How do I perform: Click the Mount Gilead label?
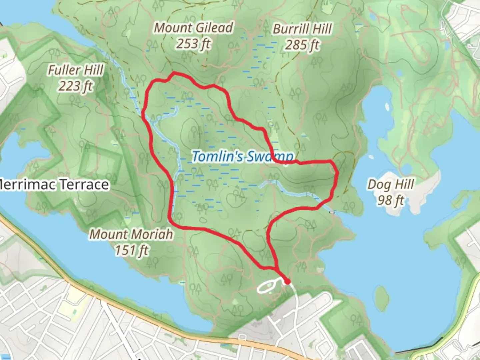tap(193, 28)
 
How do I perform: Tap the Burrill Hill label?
tap(302, 29)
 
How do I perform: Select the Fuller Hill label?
tap(76, 70)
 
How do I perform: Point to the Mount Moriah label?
tap(131, 234)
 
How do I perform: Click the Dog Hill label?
tap(391, 184)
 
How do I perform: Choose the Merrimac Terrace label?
tap(54, 184)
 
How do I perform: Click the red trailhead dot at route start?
tap(287, 282)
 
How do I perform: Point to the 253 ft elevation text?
tap(193, 44)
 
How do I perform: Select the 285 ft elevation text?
tap(302, 45)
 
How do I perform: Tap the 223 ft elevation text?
tap(76, 86)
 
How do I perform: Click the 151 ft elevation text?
tap(131, 250)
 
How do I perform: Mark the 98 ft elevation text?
tap(391, 200)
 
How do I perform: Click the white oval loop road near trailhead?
tap(267, 286)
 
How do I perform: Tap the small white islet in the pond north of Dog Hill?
tap(387, 107)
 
